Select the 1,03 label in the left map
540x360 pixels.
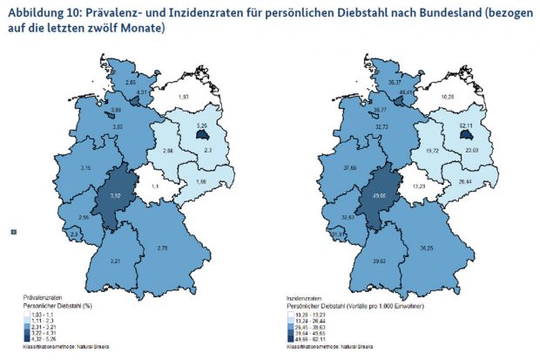[183, 97]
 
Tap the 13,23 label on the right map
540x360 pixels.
[418, 185]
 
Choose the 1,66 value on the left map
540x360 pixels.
[200, 181]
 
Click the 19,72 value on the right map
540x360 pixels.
[431, 150]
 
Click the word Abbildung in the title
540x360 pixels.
[36, 11]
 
